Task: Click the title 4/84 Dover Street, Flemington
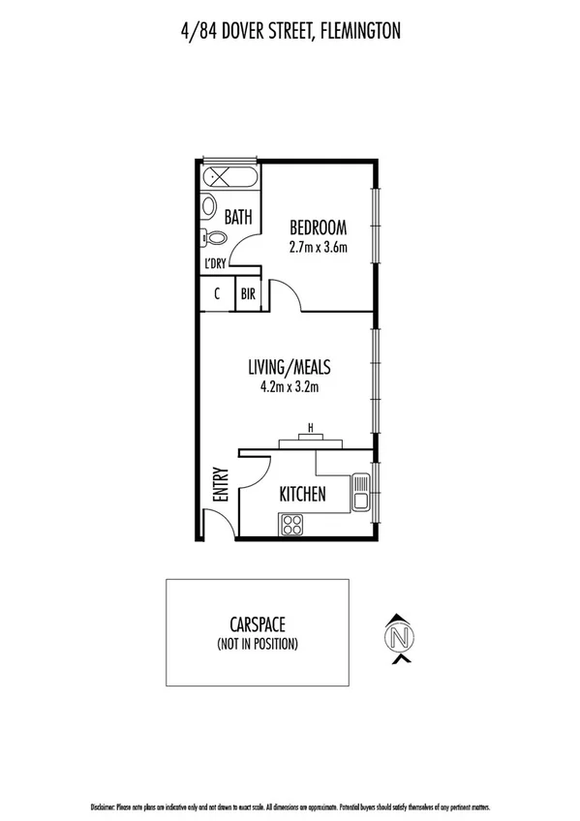pyautogui.click(x=290, y=32)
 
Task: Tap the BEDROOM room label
pyautogui.click(x=318, y=228)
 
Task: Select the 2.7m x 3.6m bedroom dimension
pyautogui.click(x=318, y=247)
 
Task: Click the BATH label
pyautogui.click(x=238, y=218)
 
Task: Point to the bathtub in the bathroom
pyautogui.click(x=229, y=178)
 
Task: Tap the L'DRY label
pyautogui.click(x=215, y=263)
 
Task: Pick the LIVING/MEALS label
pyautogui.click(x=290, y=369)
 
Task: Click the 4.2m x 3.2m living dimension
pyautogui.click(x=290, y=388)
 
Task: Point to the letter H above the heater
pyautogui.click(x=310, y=427)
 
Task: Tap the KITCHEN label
pyautogui.click(x=302, y=495)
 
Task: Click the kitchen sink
pyautogui.click(x=361, y=491)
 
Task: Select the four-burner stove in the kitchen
pyautogui.click(x=292, y=524)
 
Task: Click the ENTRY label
pyautogui.click(x=220, y=485)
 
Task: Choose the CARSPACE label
pyautogui.click(x=257, y=626)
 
